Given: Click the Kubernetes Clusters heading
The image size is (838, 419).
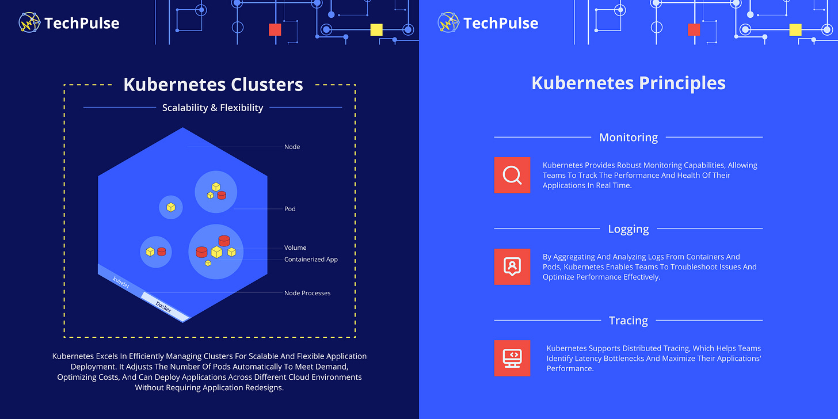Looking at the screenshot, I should coord(213,85).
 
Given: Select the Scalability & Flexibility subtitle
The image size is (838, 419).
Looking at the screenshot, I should coord(212,108).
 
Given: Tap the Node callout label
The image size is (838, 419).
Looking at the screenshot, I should coord(292,147).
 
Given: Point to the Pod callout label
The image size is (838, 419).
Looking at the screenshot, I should coord(290,209).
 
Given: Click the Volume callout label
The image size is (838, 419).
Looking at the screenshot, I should coord(295,248).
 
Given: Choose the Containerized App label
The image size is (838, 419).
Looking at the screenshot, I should coord(311,260).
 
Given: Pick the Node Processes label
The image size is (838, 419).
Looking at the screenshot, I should coord(307,293).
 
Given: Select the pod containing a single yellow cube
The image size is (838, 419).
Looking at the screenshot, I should coord(171,207).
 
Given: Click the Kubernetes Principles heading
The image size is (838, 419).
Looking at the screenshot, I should coord(628,83).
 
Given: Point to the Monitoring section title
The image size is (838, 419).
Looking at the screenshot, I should coord(628,138).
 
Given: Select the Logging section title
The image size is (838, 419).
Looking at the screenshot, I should coord(628,229).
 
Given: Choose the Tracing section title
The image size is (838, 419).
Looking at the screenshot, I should coord(628,321).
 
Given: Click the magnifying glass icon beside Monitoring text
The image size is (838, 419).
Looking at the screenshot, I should coord(512,175).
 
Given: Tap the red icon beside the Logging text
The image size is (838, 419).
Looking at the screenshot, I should coord(512,266).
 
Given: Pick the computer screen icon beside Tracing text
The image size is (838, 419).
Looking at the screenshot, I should coord(512,358).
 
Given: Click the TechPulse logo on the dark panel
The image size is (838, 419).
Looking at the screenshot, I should coord(69,23).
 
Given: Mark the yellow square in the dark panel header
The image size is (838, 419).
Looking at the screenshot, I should coord(376,30).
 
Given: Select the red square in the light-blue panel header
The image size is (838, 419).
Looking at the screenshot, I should coord(694,30).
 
